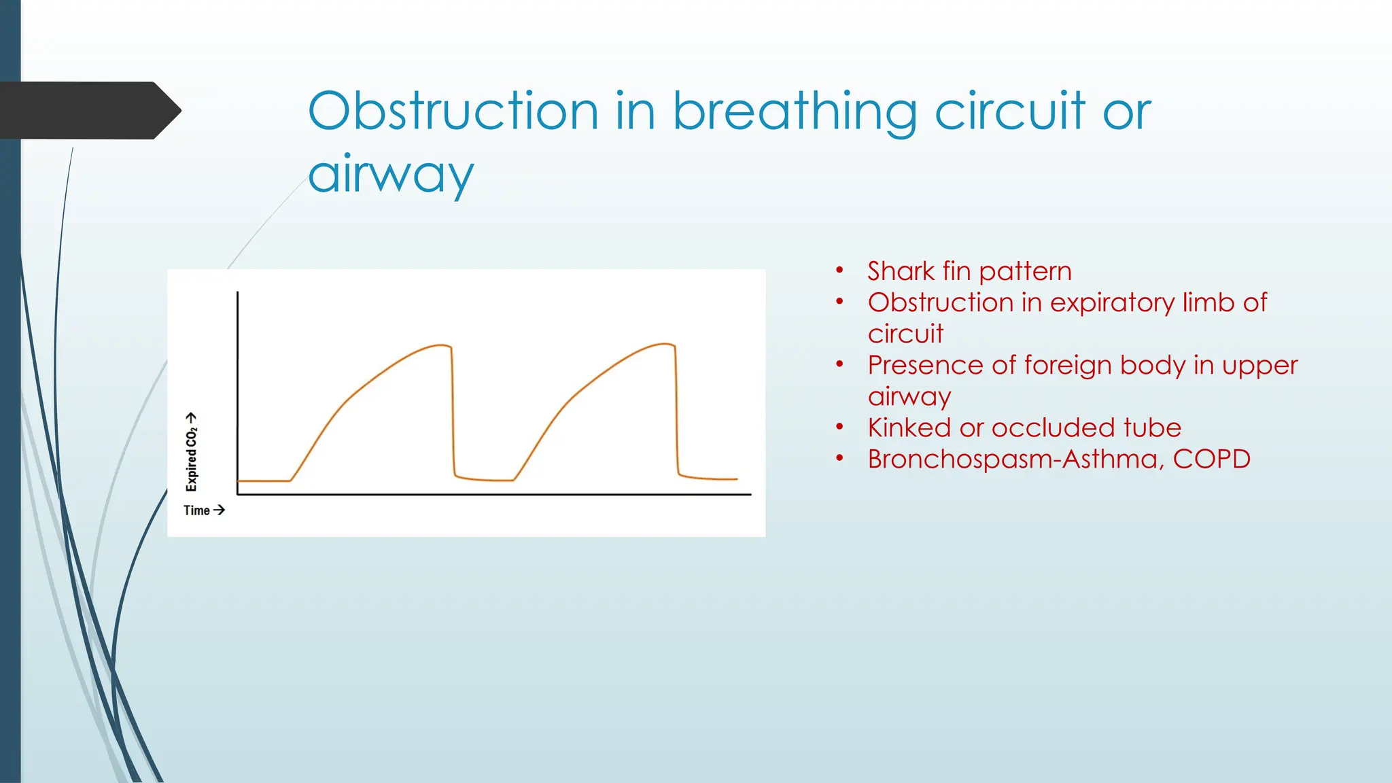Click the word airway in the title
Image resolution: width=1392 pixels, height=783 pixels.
coord(390,174)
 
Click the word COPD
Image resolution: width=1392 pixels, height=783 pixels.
coord(1211,459)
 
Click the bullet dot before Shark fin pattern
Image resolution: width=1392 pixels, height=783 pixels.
coord(840,271)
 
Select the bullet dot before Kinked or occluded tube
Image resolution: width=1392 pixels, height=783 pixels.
coord(840,427)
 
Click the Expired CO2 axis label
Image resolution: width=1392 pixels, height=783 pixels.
coord(192,452)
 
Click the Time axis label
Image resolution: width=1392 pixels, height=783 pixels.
coord(196,510)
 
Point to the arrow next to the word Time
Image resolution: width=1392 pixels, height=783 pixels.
coord(219,510)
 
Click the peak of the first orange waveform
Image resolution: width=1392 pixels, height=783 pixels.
coord(440,345)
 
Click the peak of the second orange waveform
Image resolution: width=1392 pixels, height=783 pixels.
coord(664,344)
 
